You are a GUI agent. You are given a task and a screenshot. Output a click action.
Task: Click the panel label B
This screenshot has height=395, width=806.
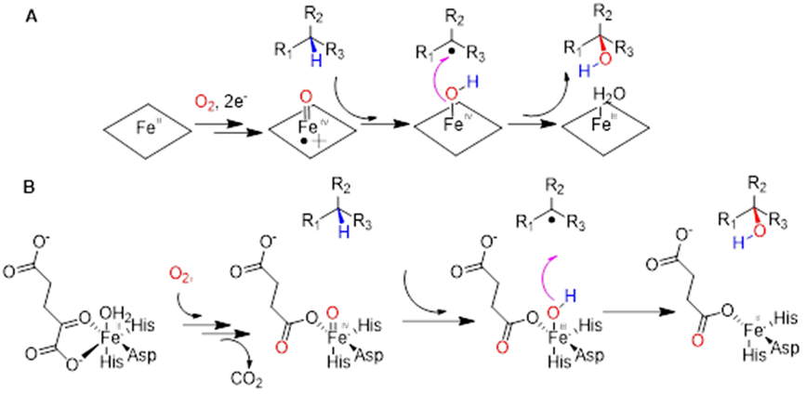[31, 187]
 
